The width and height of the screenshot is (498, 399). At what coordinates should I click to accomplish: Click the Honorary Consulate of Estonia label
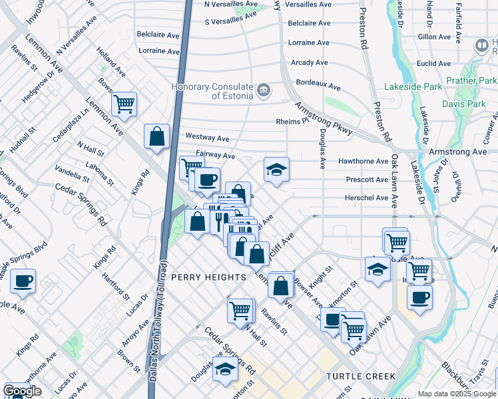[213, 91]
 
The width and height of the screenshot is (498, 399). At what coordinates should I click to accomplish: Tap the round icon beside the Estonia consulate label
[264, 90]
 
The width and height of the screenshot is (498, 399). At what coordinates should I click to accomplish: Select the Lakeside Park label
[413, 87]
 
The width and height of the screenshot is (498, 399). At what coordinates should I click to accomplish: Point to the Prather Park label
[471, 81]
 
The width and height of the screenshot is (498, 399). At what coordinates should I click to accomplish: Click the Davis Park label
[464, 104]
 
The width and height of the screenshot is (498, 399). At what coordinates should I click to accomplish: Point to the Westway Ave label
[207, 138]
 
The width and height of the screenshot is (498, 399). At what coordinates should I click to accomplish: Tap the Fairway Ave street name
[210, 156]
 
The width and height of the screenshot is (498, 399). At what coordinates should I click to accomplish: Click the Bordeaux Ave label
[318, 86]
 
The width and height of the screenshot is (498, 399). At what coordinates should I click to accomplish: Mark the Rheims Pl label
[292, 121]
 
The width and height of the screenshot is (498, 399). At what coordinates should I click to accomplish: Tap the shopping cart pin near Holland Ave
[124, 104]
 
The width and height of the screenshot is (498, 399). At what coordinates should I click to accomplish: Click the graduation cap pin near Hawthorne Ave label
[276, 170]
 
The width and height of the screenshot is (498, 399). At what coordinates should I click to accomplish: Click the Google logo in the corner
[22, 391]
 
